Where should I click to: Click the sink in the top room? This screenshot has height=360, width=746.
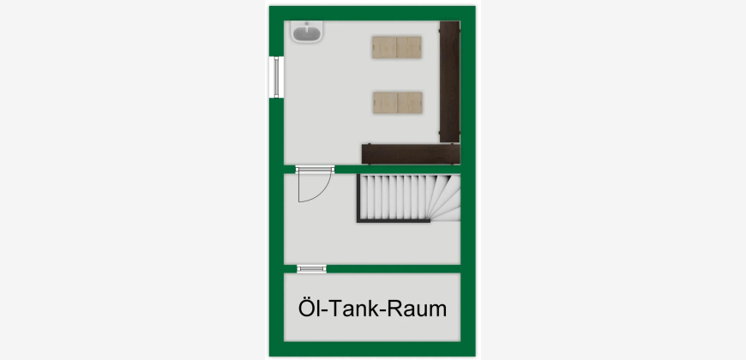[307, 32]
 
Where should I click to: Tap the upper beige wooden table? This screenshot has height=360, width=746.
[397, 47]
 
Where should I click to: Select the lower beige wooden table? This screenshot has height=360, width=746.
[398, 103]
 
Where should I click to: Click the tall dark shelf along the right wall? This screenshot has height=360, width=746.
[449, 81]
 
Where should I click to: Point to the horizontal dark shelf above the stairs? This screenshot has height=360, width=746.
[411, 154]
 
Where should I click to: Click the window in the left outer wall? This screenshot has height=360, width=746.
[276, 77]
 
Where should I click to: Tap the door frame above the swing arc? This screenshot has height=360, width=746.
[315, 170]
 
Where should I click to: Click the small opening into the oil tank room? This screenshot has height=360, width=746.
[311, 268]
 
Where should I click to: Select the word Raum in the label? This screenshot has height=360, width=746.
[417, 309]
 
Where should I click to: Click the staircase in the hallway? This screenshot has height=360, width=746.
[409, 198]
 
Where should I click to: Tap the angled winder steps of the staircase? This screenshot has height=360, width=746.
[446, 196]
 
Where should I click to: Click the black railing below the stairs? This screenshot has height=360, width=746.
[394, 220]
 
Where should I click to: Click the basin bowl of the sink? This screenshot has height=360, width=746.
[307, 33]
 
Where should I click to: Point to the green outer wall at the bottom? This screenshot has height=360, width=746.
[372, 349]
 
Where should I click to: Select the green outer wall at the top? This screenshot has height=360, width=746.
[372, 14]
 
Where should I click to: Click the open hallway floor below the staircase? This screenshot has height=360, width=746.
[372, 243]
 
